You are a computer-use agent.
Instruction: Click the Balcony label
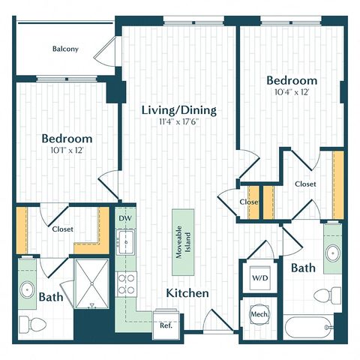pos(65,49)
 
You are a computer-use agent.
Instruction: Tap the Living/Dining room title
pos(179,110)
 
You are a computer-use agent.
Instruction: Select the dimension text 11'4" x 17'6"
pos(179,122)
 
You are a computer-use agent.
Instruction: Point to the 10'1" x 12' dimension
pos(67,150)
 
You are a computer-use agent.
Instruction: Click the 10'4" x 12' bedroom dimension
pos(292,92)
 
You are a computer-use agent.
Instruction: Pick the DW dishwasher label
pos(125,218)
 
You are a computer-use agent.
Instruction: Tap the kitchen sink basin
pos(126,241)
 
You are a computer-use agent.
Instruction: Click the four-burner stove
pos(126,284)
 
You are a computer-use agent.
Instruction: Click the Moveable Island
pos(183,242)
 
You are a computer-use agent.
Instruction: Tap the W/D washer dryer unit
pos(260,277)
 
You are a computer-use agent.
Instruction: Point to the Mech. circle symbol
pos(259,314)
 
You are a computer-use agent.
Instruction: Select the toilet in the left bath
pos(33,324)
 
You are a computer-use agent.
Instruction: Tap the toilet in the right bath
pos(328,295)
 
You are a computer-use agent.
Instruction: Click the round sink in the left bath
pos(27,289)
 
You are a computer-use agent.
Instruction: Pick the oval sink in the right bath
pos(333,253)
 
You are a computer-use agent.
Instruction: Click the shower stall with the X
pos(91,283)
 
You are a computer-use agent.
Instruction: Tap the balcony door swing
pos(105,51)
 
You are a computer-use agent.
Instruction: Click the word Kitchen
pos(187,293)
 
